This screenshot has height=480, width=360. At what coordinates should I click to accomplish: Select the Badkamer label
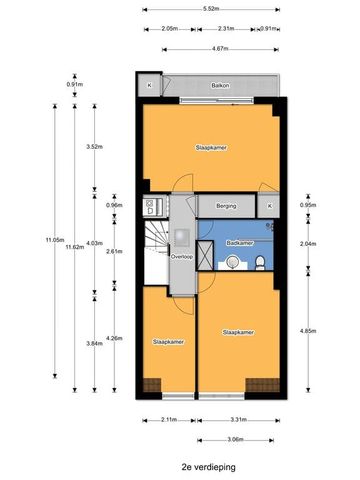[240, 243]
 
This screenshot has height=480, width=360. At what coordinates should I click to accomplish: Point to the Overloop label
[181, 257]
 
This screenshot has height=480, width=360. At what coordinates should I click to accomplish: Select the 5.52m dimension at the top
[211, 9]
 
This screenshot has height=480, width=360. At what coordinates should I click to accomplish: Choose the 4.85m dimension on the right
[308, 331]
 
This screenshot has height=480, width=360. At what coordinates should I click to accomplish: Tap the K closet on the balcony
[149, 86]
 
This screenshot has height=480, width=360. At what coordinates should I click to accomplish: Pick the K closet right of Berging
[269, 208]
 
